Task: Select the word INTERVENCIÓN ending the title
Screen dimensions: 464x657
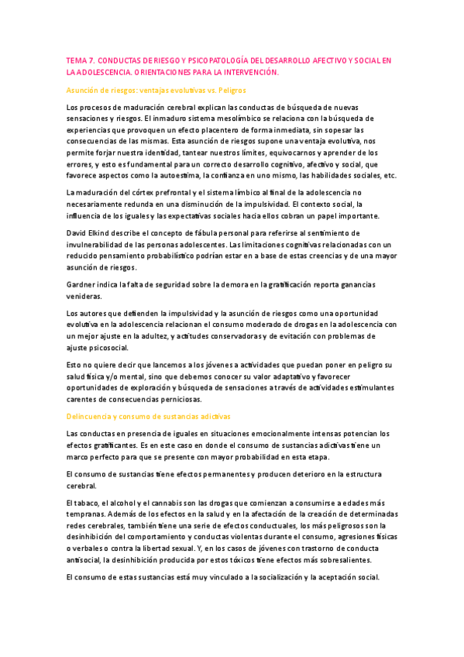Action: click(x=246, y=72)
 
